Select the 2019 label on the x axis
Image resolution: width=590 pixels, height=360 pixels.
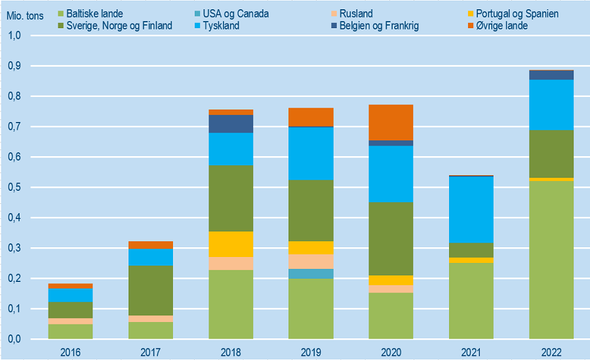[311, 352]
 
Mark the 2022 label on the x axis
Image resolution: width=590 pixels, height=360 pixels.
[551, 352]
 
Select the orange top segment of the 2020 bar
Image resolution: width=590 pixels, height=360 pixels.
[391, 122]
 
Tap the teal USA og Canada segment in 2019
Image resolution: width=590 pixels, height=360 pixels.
[311, 273]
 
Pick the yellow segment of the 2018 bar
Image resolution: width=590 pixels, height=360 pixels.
[231, 244]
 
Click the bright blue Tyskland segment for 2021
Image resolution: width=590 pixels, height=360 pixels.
[471, 210]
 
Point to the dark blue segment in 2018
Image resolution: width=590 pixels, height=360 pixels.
[231, 124]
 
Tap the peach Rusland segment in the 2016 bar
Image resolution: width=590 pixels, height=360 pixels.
[71, 321]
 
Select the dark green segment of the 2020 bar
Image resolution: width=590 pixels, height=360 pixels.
[391, 239]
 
